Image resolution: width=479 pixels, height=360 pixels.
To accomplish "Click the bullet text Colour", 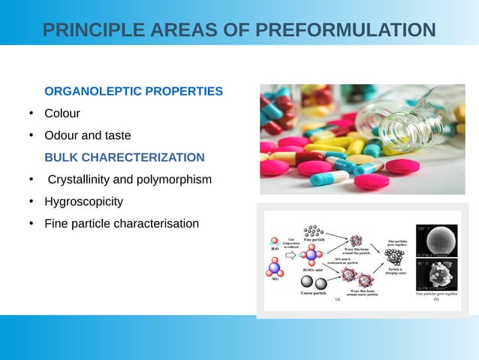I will click(x=62, y=113).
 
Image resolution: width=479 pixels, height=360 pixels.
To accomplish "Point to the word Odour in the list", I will click(x=61, y=136).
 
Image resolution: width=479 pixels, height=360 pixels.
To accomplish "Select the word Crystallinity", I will click(x=80, y=180).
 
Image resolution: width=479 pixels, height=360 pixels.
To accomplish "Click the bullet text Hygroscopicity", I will click(x=83, y=202).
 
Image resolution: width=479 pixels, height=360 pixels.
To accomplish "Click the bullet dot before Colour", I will click(x=31, y=113).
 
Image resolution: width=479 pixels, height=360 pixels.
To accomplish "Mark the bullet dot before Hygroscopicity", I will click(x=31, y=202).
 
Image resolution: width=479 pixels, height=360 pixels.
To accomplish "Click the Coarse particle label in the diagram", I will click(x=313, y=293).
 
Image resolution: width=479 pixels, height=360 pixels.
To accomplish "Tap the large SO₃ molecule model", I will click(x=275, y=267).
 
